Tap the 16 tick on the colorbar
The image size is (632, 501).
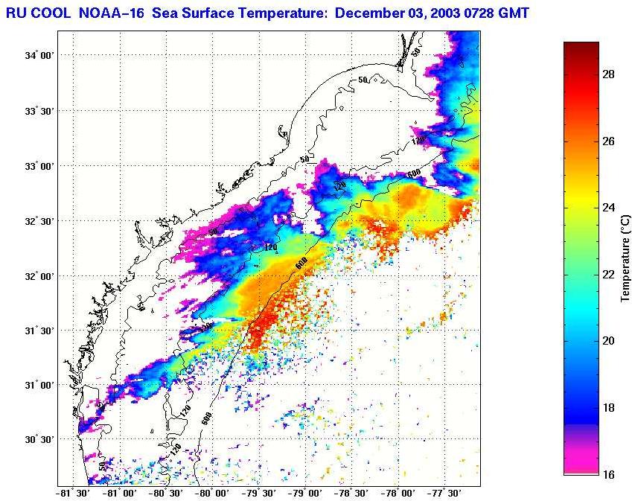608,474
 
